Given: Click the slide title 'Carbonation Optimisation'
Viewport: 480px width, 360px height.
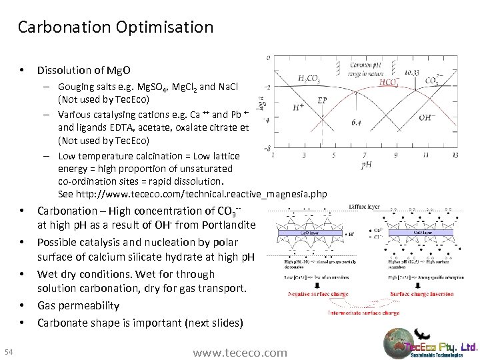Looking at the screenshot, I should point(115,27).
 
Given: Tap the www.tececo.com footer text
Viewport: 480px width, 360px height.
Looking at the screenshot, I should point(240,352).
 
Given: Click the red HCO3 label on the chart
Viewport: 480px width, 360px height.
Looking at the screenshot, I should point(389,82).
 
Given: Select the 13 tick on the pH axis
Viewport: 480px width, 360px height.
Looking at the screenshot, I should point(455,155).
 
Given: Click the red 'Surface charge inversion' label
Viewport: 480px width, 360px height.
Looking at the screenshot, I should point(421,293).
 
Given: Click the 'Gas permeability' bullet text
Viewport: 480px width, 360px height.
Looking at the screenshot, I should point(78,305).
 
